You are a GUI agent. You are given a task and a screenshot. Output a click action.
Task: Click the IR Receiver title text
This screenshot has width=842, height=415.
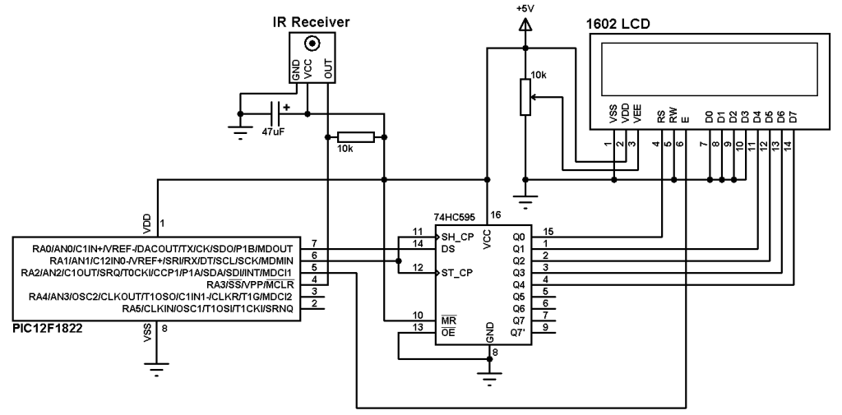coord(312,22)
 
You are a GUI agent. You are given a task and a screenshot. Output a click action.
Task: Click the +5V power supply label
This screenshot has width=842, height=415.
coord(525,9)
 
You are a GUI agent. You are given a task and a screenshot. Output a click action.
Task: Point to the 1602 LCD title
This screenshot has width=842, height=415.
coord(618,24)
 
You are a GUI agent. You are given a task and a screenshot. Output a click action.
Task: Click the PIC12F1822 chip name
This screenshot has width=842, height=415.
coord(49,329)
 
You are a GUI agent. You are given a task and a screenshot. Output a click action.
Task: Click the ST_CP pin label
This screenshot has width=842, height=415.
coord(456,273)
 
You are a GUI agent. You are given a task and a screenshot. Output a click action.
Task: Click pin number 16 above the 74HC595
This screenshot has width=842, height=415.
coord(495,215)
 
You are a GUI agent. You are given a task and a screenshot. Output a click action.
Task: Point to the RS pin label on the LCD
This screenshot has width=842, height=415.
coord(662,117)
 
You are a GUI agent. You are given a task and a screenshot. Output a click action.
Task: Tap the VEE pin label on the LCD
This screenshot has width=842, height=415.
coord(637,115)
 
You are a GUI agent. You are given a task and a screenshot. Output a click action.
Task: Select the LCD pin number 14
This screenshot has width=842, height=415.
coord(788,144)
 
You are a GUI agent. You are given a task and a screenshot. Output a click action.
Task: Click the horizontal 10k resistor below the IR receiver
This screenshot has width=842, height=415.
coord(355,137)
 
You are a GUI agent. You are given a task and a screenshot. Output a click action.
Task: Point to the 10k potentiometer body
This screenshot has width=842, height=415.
coord(525,97)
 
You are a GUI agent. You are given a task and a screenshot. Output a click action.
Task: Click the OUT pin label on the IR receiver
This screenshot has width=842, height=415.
coord(329,68)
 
